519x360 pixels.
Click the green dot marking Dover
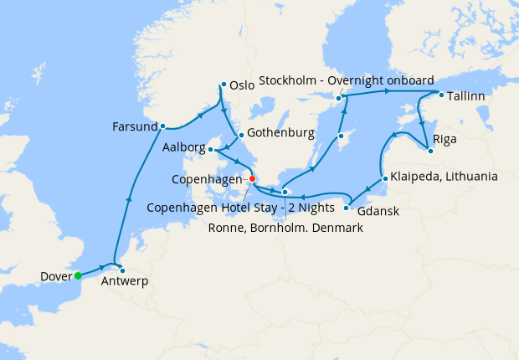coord(77,275)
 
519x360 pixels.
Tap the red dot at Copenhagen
coord(252,178)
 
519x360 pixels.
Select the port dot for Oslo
coord(223,84)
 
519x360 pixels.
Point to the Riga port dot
coord(429,151)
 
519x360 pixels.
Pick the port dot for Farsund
coord(162,126)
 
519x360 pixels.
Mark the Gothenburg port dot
coord(240,135)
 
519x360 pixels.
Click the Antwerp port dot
coord(122,270)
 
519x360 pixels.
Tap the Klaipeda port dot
coord(383,177)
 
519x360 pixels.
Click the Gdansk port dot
coord(347,201)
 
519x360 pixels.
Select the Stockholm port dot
coord(339,98)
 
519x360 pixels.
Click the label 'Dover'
coord(55,276)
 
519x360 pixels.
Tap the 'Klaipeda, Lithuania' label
coord(444,177)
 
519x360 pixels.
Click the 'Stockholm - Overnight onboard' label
coord(346,81)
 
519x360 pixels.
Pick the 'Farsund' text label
coord(134,127)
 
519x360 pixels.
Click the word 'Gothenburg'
coord(280,133)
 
